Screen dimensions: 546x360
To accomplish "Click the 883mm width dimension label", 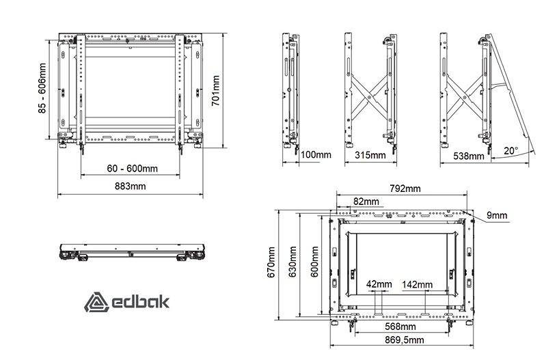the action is (x=131, y=186).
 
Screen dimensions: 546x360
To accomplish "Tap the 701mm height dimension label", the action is (x=216, y=91).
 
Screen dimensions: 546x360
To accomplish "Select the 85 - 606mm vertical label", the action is (x=42, y=87).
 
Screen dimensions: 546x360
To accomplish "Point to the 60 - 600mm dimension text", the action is (x=133, y=169).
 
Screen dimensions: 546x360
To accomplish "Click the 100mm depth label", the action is (x=316, y=154).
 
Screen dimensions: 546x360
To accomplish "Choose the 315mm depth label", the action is (x=370, y=155).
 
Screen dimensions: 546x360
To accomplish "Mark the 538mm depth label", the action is (x=469, y=156).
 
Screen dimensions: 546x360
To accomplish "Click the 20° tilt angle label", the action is (x=511, y=151).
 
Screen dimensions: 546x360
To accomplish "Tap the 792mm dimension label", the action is (x=405, y=189).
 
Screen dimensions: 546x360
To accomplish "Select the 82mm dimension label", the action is (x=366, y=202).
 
